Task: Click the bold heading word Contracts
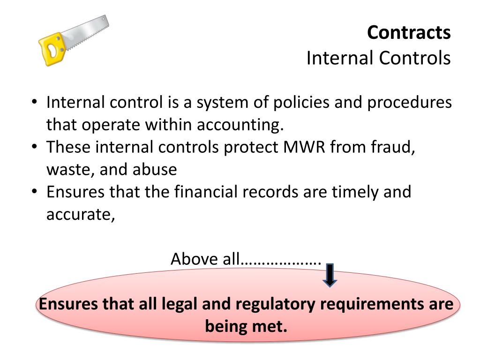(409, 33)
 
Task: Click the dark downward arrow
(330, 275)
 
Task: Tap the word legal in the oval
(180, 304)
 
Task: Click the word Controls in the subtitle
(414, 58)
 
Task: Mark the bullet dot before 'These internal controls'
(36, 147)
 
